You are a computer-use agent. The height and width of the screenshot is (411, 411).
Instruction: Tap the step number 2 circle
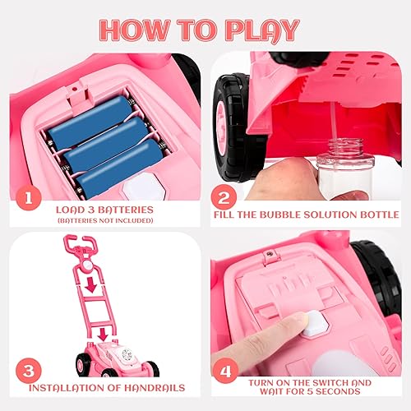pyautogui.click(x=223, y=199)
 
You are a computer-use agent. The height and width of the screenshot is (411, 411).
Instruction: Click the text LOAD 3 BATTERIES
pyautogui.click(x=104, y=209)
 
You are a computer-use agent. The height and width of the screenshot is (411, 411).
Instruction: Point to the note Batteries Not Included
pyautogui.click(x=104, y=220)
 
